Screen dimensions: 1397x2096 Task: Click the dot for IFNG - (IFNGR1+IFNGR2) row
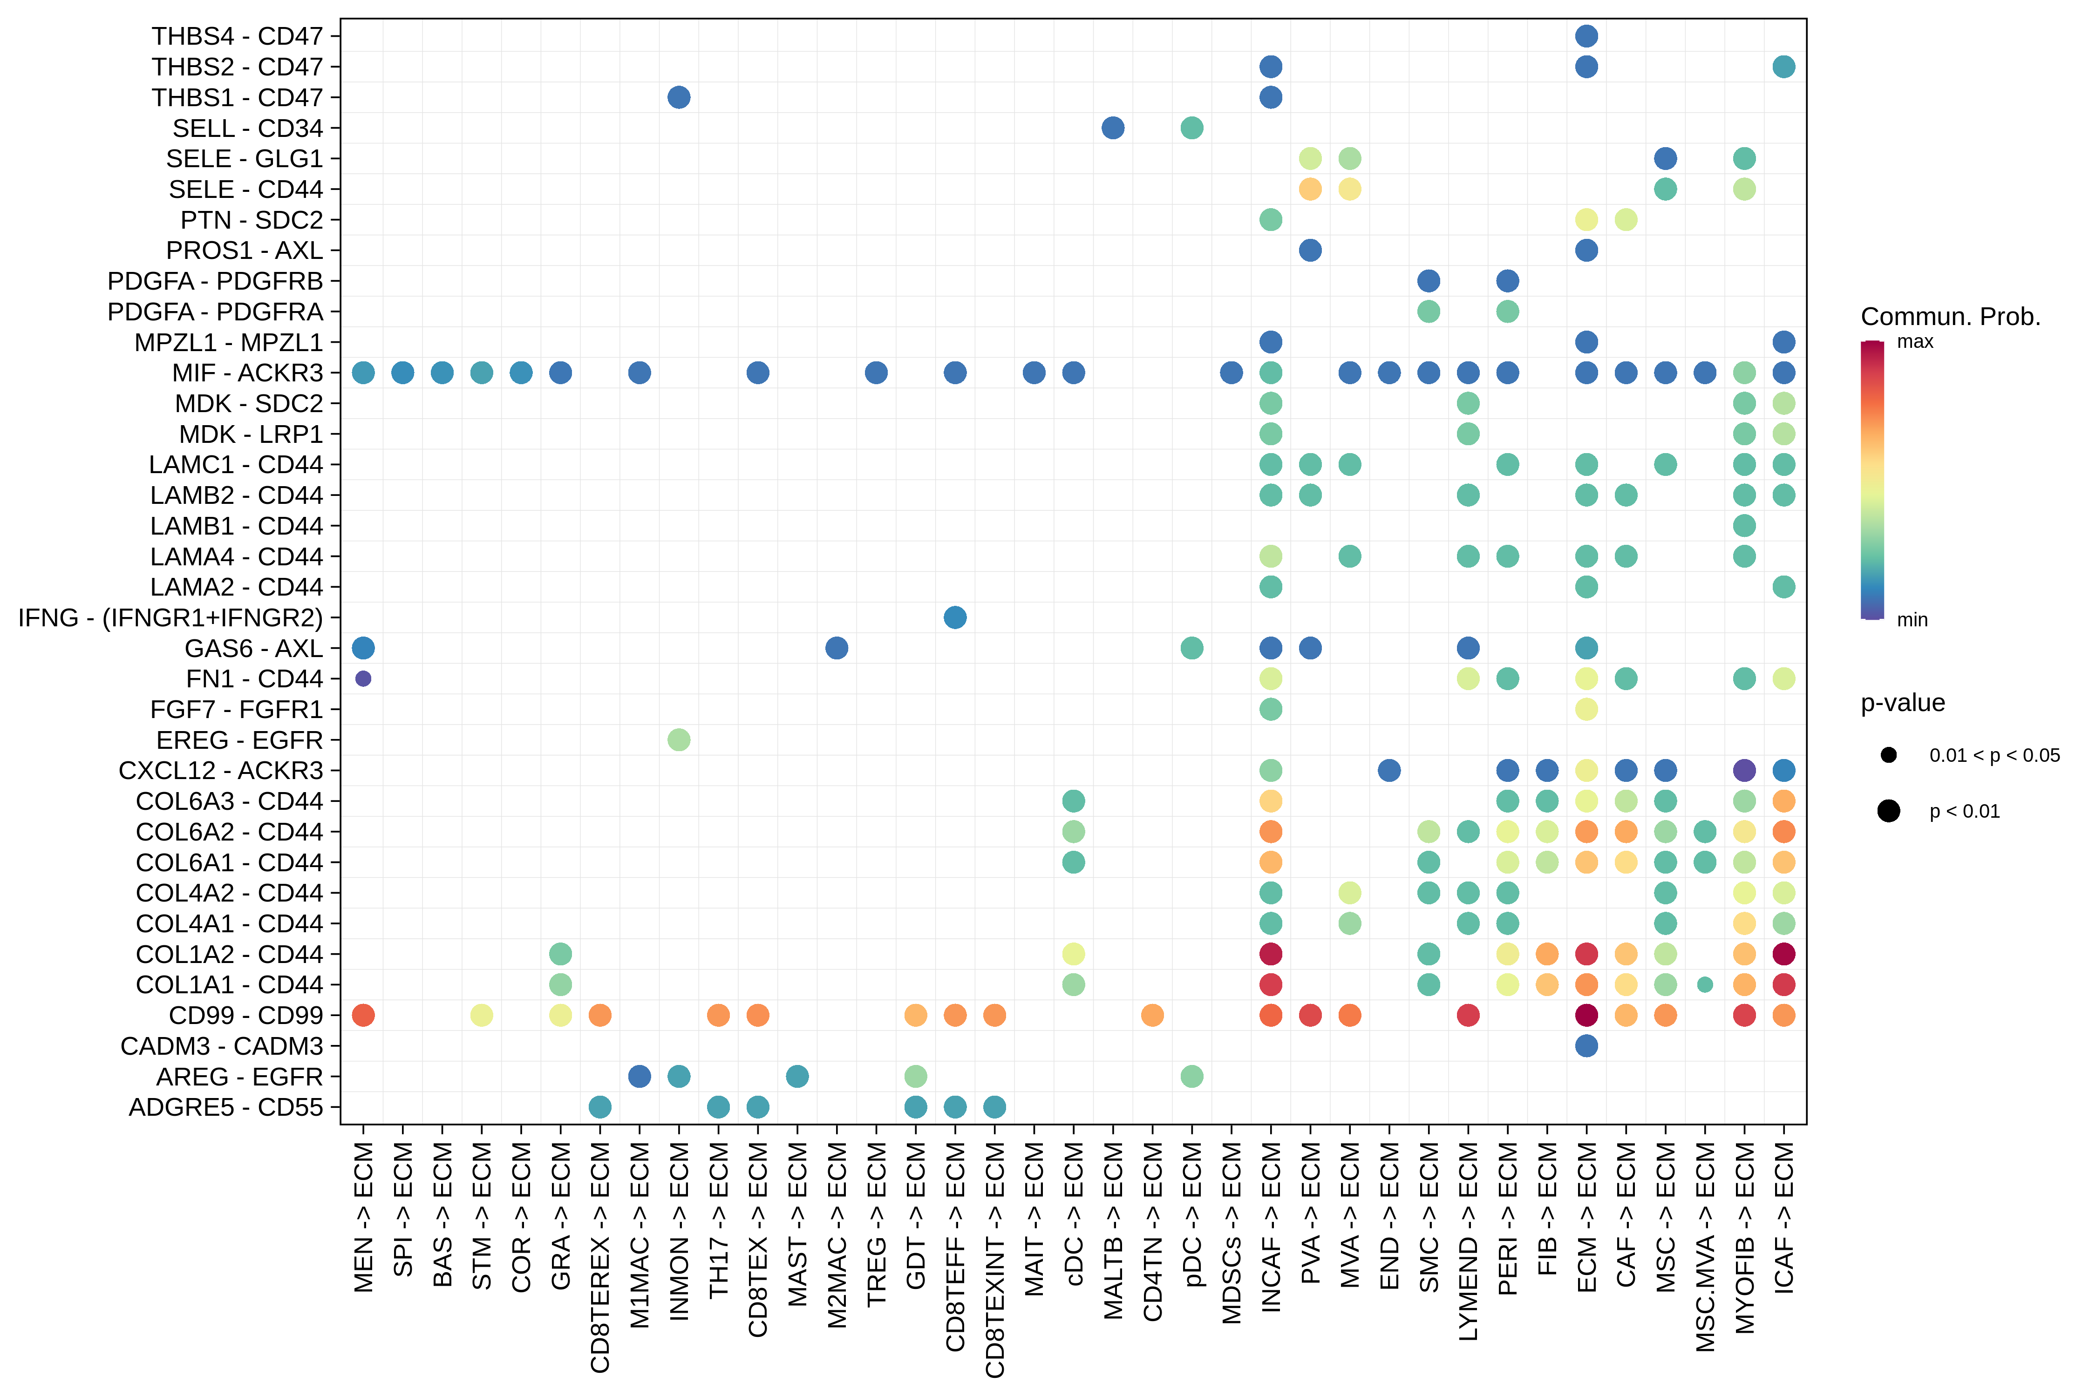[x=954, y=617]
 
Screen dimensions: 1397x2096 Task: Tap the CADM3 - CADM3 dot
[x=1586, y=1046]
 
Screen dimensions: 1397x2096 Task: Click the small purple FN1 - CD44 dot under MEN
[x=363, y=679]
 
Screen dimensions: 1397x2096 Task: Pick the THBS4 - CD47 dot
[x=1586, y=36]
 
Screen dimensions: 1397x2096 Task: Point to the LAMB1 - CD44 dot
[x=1744, y=526]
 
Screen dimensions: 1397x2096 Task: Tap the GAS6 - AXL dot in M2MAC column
[x=836, y=648]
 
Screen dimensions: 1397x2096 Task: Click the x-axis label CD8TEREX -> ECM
[x=600, y=1256]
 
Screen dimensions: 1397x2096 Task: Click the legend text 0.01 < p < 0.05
[x=1994, y=755]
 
